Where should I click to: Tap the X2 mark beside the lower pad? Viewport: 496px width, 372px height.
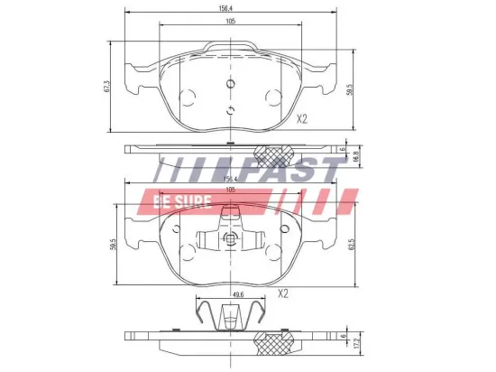pyautogui.click(x=282, y=293)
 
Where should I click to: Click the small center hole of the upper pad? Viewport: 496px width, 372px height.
pyautogui.click(x=230, y=86)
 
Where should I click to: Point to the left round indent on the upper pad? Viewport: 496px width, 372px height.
pyautogui.click(x=188, y=97)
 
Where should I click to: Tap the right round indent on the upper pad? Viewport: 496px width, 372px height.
pyautogui.click(x=271, y=97)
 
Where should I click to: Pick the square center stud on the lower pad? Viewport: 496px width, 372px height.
pyautogui.click(x=230, y=239)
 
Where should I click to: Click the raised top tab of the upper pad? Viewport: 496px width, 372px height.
pyautogui.click(x=230, y=47)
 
